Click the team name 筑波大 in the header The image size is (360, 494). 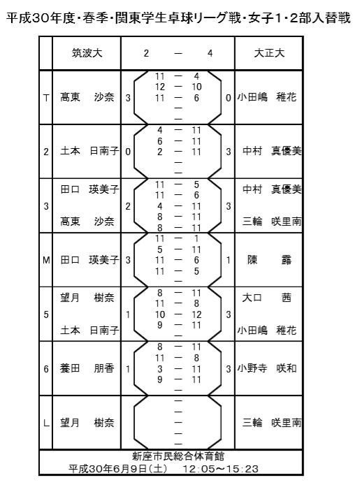point(87,53)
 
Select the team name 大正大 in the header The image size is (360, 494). point(269,53)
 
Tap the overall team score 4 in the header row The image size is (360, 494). point(210,53)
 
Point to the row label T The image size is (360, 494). point(46,98)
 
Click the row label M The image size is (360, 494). point(46,260)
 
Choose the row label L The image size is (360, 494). point(46,423)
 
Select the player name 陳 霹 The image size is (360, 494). point(269,260)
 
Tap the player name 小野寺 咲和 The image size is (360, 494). point(267,368)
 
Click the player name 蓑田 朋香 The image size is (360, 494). point(87,368)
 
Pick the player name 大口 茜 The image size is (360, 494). point(267,298)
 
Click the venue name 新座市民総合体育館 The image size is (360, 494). point(178,456)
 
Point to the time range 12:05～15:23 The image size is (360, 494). point(221,469)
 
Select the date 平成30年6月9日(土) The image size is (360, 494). point(118,469)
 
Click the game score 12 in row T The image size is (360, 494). point(160,87)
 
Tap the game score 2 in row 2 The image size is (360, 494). point(160,152)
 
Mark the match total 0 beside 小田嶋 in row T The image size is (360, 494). point(228,98)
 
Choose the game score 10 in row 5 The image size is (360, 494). point(160,314)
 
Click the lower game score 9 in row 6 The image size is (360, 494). point(160,379)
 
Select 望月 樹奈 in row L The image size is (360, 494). point(87,423)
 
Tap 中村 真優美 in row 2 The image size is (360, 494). point(272,151)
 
